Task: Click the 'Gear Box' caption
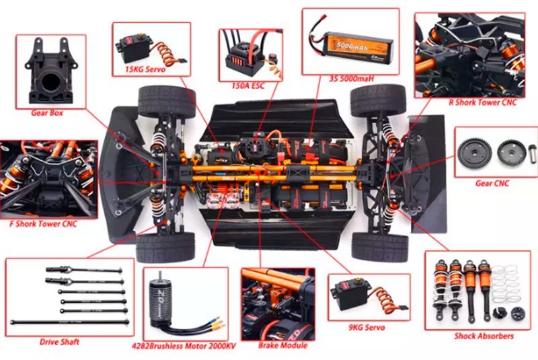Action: (x=47, y=113)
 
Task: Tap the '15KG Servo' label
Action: (x=145, y=69)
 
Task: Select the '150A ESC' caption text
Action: (x=248, y=85)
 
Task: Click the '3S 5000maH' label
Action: (x=351, y=79)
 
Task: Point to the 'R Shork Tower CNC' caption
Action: (x=482, y=102)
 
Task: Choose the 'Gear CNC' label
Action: (x=492, y=183)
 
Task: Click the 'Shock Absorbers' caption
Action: (x=484, y=336)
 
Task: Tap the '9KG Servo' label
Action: (x=367, y=328)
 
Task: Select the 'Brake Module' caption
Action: (x=282, y=345)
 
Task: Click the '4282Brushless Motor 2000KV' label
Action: (x=184, y=346)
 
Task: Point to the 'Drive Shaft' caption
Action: (x=59, y=342)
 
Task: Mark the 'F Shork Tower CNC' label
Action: (x=43, y=224)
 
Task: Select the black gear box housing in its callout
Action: (x=51, y=71)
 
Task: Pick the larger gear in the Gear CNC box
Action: (x=475, y=153)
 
